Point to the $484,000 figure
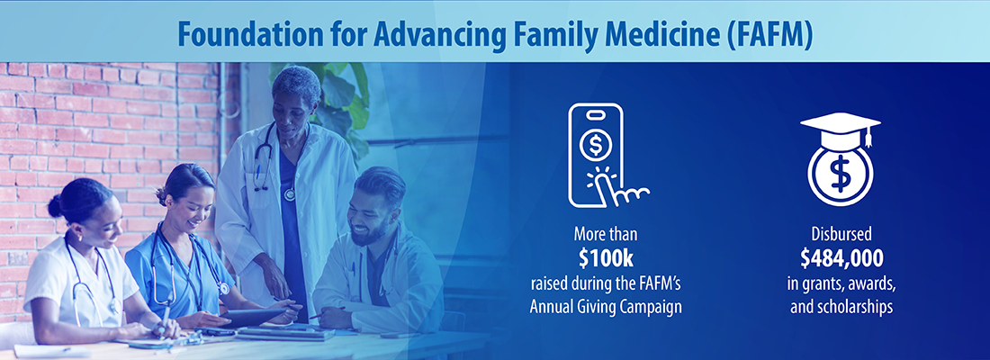coord(841,259)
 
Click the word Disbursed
coord(841,235)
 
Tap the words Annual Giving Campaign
coord(606,307)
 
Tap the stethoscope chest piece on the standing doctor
coord(290,193)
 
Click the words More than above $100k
coord(606,235)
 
